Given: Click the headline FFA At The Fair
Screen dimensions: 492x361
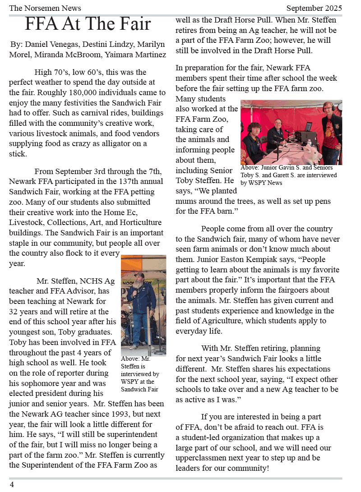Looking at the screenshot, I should click(88, 24).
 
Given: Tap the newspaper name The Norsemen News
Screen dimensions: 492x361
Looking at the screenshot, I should click(45, 8).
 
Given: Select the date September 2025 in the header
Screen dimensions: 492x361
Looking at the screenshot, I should click(314, 8).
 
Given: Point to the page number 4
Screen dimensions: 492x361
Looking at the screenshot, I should click(12, 484).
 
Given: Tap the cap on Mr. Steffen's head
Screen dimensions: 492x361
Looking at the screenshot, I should click(139, 275).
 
